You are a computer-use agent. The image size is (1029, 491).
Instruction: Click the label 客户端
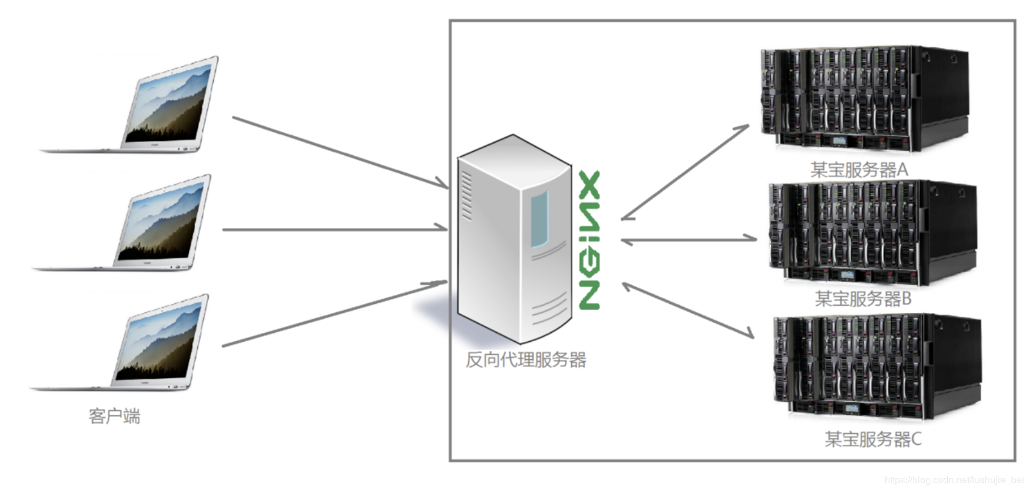pyautogui.click(x=114, y=416)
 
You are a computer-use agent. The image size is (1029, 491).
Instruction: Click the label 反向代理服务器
pyautogui.click(x=526, y=360)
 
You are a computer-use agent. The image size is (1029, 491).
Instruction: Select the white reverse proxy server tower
pyautogui.click(x=514, y=238)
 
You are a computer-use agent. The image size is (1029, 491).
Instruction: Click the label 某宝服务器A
pyautogui.click(x=859, y=170)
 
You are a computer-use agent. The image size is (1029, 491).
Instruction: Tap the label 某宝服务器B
pyautogui.click(x=863, y=298)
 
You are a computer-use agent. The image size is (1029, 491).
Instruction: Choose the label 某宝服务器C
pyautogui.click(x=873, y=439)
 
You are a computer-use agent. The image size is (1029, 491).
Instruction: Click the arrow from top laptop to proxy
pyautogui.click(x=340, y=152)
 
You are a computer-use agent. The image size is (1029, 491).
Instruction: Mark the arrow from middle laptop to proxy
pyautogui.click(x=334, y=229)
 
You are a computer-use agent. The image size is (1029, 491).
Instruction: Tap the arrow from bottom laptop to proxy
pyautogui.click(x=334, y=313)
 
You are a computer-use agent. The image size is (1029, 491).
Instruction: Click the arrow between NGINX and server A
pyautogui.click(x=685, y=173)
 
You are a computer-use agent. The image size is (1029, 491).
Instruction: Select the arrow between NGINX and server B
pyautogui.click(x=689, y=239)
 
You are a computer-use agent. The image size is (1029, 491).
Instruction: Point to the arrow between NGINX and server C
pyautogui.click(x=688, y=310)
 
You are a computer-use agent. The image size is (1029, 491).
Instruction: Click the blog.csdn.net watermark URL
pyautogui.click(x=953, y=480)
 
